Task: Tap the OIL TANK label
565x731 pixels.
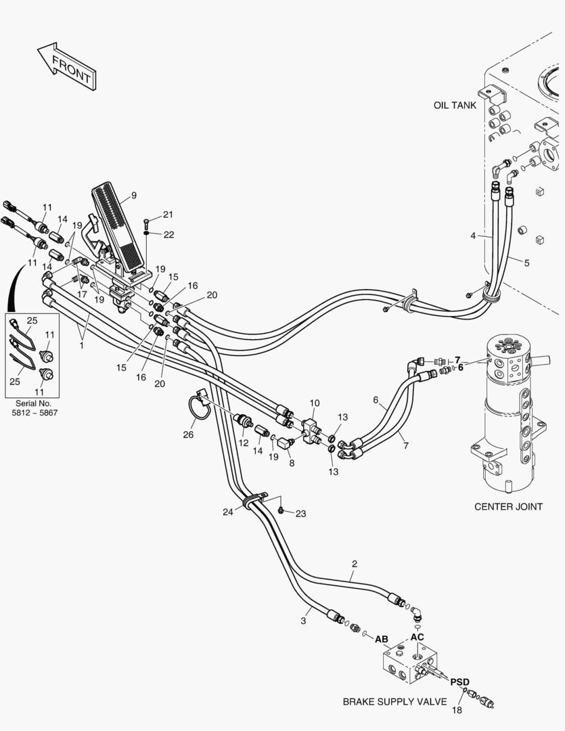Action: pyautogui.click(x=455, y=106)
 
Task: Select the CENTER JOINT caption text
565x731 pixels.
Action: pyautogui.click(x=508, y=506)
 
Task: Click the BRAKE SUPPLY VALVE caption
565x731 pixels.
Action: pyautogui.click(x=394, y=702)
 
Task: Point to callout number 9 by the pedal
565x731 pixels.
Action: pyautogui.click(x=133, y=196)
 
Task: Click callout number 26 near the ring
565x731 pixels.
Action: pyautogui.click(x=188, y=435)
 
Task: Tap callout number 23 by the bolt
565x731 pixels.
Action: pyautogui.click(x=300, y=514)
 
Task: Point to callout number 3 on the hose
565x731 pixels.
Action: pyautogui.click(x=304, y=620)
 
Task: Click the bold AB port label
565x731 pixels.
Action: pyautogui.click(x=382, y=639)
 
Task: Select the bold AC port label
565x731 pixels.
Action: pyautogui.click(x=417, y=638)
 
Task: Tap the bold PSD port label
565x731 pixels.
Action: pyautogui.click(x=459, y=682)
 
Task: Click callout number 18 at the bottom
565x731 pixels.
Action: pyautogui.click(x=457, y=710)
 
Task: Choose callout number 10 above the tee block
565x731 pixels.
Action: pyautogui.click(x=314, y=403)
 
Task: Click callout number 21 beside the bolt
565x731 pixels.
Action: pyautogui.click(x=168, y=215)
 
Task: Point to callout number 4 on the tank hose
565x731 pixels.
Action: pyautogui.click(x=473, y=236)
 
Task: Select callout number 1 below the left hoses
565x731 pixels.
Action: pyautogui.click(x=82, y=345)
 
